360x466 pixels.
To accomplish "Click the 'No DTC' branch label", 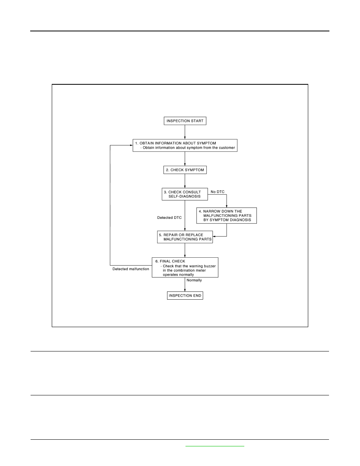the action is click(218, 192).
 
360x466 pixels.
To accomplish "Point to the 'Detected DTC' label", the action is click(169, 218).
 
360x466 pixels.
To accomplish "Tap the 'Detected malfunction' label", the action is click(131, 269).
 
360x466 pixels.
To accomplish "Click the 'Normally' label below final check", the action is click(194, 280).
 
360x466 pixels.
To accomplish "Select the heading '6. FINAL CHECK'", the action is click(170, 261).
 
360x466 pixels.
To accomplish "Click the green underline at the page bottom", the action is click(215, 446).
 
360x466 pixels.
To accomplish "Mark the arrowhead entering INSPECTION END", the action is click(185, 290).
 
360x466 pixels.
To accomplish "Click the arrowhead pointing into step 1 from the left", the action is click(131, 145).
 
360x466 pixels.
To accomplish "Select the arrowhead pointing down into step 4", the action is click(227, 206).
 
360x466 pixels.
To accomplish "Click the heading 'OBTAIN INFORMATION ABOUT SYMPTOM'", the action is click(178, 143).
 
